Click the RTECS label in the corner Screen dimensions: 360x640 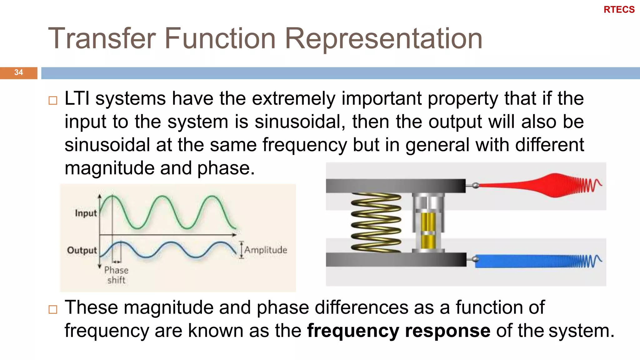(x=619, y=10)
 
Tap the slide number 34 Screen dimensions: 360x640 (x=18, y=72)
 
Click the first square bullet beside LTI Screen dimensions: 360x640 (x=53, y=101)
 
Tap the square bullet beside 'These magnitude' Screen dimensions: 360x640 (x=53, y=309)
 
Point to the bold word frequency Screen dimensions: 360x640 (x=353, y=331)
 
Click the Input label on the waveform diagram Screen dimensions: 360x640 (x=86, y=213)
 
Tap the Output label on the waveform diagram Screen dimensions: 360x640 (x=82, y=250)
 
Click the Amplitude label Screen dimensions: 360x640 (x=265, y=250)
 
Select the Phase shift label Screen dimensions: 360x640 (x=116, y=275)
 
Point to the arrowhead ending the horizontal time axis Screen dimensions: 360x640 (x=234, y=234)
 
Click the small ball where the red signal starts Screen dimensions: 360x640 (x=475, y=185)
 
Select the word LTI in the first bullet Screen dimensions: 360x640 (x=77, y=99)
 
